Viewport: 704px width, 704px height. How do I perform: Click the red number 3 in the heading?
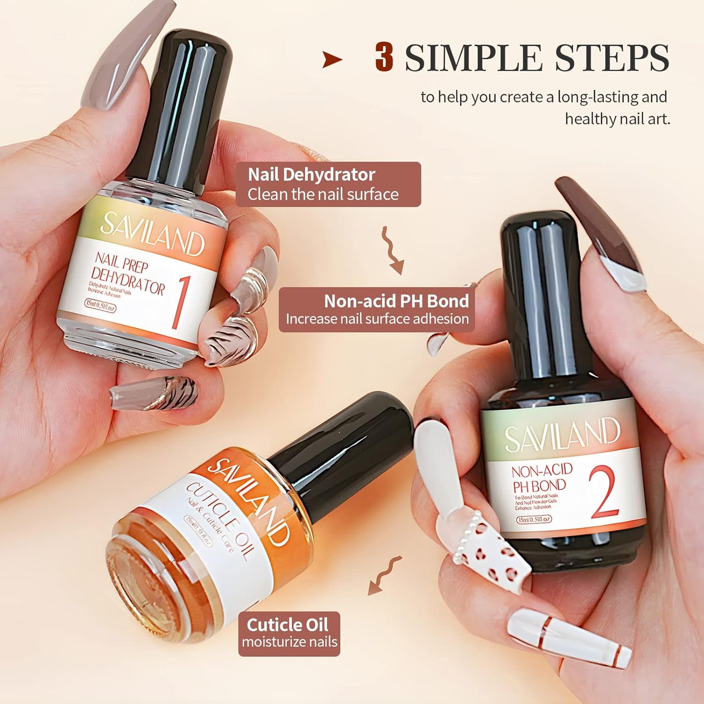(x=384, y=57)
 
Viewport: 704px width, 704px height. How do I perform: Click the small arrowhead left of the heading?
(x=332, y=60)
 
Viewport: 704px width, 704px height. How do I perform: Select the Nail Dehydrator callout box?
(x=328, y=185)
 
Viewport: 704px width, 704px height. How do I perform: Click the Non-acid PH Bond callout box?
(x=377, y=310)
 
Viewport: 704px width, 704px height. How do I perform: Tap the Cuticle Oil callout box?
(x=289, y=633)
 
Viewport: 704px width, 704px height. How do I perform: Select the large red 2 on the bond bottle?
(x=604, y=492)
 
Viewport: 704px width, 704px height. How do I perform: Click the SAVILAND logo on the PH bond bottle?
(x=562, y=434)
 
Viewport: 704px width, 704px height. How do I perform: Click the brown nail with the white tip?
(x=602, y=234)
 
